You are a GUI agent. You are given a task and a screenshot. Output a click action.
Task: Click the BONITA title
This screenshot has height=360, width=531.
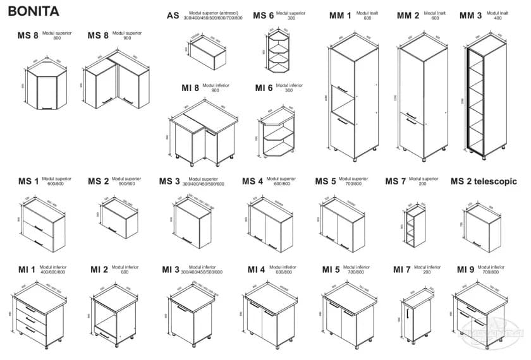coord(34,11)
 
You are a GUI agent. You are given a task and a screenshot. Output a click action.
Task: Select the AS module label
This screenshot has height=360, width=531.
coord(173,16)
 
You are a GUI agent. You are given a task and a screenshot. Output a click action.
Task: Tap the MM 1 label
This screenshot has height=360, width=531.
coord(340,16)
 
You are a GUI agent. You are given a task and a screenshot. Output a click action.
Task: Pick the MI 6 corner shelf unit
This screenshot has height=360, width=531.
coord(277,134)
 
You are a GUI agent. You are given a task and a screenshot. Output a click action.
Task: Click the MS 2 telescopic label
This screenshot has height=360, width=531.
coord(484,182)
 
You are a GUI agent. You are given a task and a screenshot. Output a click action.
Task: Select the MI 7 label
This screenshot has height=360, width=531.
coord(402,270)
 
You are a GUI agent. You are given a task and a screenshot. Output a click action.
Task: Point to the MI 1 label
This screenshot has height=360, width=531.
coord(27,270)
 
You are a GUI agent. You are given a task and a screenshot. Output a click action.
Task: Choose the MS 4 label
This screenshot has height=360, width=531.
coord(252,182)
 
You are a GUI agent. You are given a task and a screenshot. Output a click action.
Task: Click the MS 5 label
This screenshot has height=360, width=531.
coord(326,182)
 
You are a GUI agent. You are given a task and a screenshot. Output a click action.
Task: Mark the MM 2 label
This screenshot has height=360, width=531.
coord(408,16)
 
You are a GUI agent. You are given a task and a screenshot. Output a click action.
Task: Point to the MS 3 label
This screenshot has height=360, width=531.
coord(169,182)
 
